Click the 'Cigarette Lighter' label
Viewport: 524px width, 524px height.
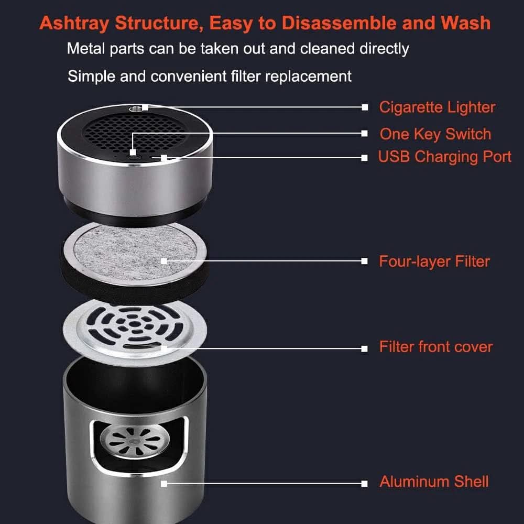pyautogui.click(x=437, y=107)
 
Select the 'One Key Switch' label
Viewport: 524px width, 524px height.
pyautogui.click(x=435, y=134)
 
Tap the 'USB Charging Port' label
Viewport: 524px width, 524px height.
pyautogui.click(x=444, y=157)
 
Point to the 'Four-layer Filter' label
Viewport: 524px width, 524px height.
pyautogui.click(x=434, y=261)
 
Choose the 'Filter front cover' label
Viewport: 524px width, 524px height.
pyautogui.click(x=436, y=347)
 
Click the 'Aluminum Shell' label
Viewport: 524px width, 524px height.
pyautogui.click(x=434, y=482)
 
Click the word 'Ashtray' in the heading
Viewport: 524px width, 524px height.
pyautogui.click(x=74, y=24)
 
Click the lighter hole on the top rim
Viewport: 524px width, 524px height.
pyautogui.click(x=136, y=108)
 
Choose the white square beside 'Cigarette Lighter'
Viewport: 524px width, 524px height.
pyautogui.click(x=365, y=107)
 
